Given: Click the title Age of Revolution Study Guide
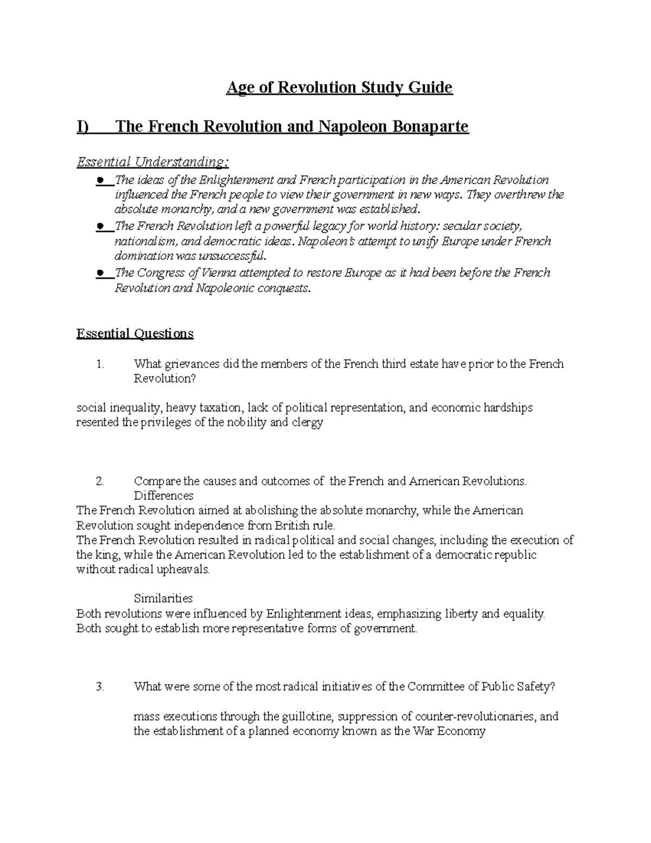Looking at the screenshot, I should click(339, 87).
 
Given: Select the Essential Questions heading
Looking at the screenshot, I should click(135, 333).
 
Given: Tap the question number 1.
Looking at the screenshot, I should click(100, 364).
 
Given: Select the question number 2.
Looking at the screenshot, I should click(99, 481).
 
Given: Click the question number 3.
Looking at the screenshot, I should click(99, 686).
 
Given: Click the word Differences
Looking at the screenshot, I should click(163, 496).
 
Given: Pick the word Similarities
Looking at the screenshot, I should click(163, 598).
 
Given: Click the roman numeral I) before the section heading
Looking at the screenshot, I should click(82, 126).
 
